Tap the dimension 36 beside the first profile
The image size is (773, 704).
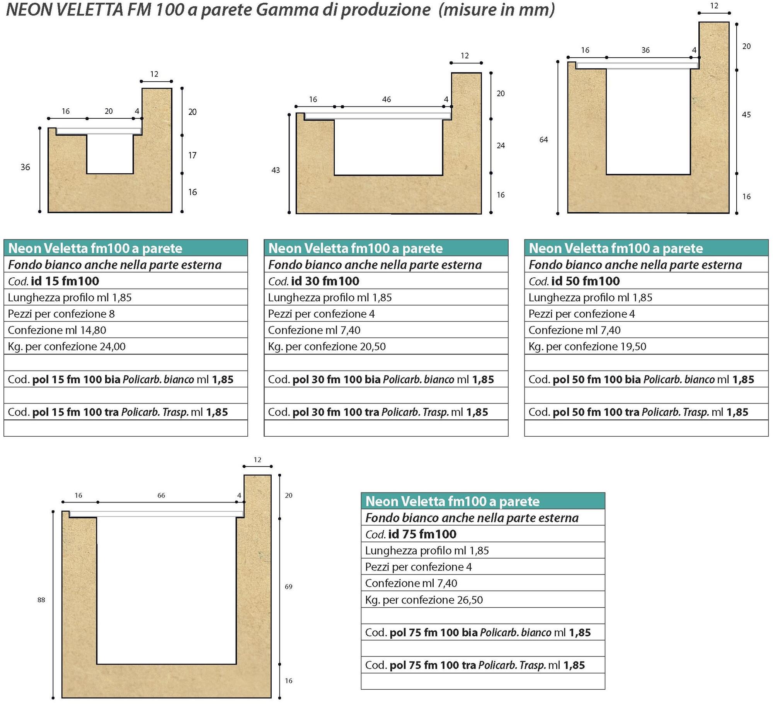tap(25, 167)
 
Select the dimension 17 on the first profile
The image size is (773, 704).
tap(192, 155)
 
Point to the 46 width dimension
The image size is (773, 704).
tap(386, 99)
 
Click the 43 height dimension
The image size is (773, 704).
tap(276, 170)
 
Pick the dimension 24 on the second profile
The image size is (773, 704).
tap(501, 145)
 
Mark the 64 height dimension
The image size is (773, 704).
tap(543, 140)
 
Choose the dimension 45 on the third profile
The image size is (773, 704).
tap(746, 114)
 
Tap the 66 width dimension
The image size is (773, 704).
tap(161, 496)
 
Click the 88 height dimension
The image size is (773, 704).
tap(41, 600)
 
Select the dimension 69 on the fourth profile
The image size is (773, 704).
tap(289, 587)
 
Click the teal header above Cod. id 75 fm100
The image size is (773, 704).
tap(483, 501)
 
